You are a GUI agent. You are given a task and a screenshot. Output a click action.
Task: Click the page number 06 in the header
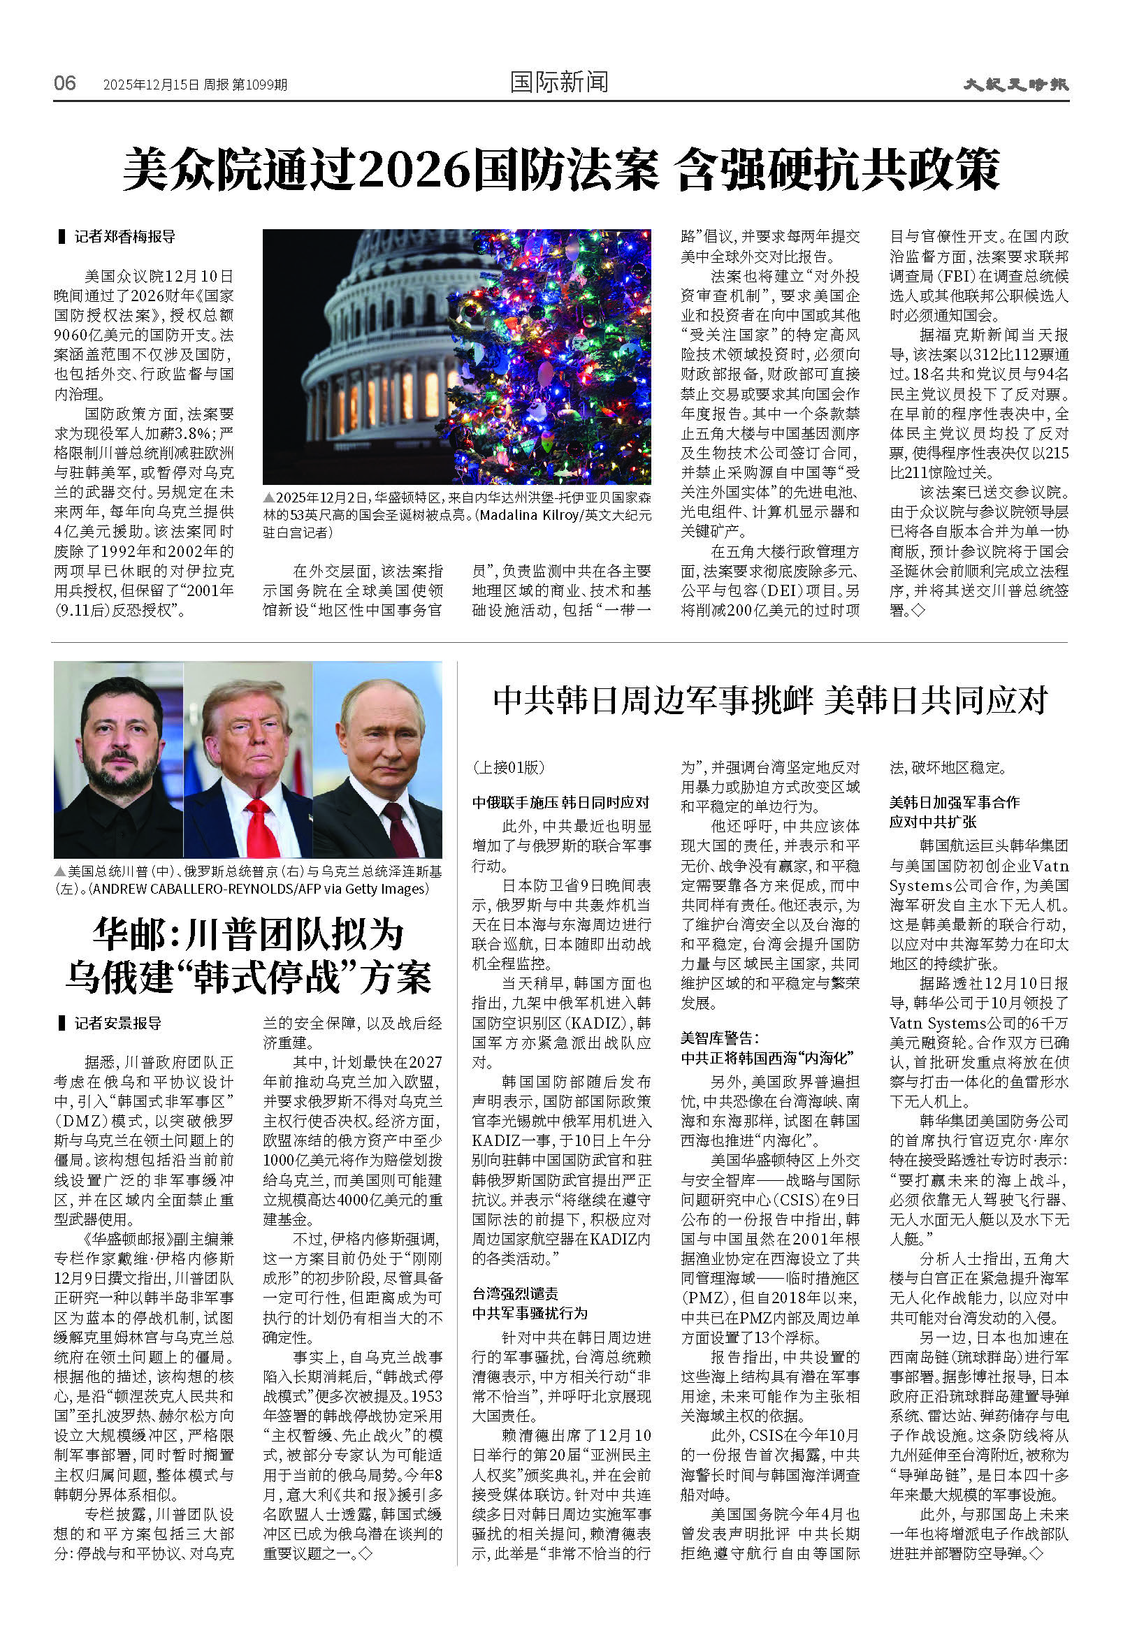tap(65, 83)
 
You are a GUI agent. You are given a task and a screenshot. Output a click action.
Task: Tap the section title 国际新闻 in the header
tap(558, 82)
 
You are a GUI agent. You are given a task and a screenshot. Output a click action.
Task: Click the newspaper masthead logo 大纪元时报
tap(1015, 85)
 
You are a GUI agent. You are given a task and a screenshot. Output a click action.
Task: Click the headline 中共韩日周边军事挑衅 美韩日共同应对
tap(770, 700)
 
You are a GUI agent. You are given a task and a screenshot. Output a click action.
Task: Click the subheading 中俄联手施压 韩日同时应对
tap(560, 803)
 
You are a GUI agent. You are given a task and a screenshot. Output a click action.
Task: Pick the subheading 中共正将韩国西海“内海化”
tap(767, 1057)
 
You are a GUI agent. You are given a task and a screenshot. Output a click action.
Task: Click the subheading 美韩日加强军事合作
tap(953, 803)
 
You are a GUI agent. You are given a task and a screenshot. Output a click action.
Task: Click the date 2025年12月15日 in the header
tap(151, 85)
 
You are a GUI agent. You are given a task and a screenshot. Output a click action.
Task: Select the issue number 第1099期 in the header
tap(259, 85)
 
